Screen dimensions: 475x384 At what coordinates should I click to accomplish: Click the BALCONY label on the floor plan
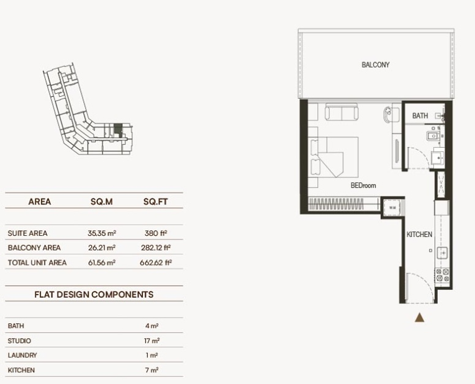tap(375, 65)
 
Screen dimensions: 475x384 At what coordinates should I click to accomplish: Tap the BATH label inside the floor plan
tap(420, 115)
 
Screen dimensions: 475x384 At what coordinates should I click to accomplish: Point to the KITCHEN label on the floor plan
tap(419, 234)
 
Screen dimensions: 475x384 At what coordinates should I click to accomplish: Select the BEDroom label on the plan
tap(363, 185)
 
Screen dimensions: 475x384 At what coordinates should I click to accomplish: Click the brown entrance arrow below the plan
tap(420, 318)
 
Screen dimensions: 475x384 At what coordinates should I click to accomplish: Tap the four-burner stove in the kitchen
tap(443, 275)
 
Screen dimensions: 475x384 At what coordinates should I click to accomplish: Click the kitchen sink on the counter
tap(442, 252)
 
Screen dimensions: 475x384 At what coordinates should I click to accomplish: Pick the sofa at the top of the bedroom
tap(342, 112)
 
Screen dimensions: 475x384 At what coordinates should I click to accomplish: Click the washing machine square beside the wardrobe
tap(392, 208)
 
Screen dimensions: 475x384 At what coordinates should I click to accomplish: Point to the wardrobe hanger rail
tap(336, 204)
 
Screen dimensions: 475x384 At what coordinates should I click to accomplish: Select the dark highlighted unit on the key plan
tap(119, 129)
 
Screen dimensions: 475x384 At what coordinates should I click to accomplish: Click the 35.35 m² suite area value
tap(102, 233)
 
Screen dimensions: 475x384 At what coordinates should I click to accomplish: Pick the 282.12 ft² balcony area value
tap(156, 248)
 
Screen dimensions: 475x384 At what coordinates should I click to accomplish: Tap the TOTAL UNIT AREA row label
tap(37, 262)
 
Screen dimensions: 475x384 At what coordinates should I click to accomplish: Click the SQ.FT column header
tap(155, 202)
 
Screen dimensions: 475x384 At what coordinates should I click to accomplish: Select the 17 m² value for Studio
tap(151, 341)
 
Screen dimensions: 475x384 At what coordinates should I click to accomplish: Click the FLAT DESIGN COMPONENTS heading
tap(94, 295)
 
